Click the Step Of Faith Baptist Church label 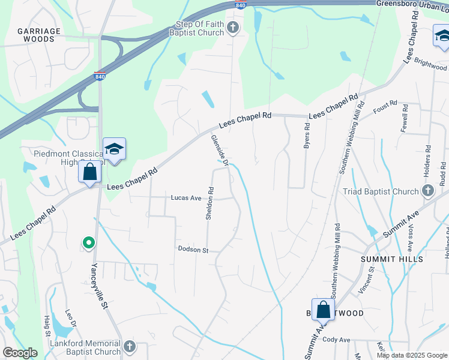point(199,28)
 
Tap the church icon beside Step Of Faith point(234,28)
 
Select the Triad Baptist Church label point(381,191)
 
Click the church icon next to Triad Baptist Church point(427,191)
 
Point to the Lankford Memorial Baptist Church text point(86,347)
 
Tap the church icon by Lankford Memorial point(130,347)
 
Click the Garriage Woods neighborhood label point(39,35)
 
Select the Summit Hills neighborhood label point(392,259)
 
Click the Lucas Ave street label point(185,197)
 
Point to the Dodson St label point(192,249)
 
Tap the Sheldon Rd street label point(210,203)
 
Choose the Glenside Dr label point(220,150)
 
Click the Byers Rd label point(307,136)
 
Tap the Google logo point(20,353)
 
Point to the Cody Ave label point(336,340)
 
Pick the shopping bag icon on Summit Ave point(323,310)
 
